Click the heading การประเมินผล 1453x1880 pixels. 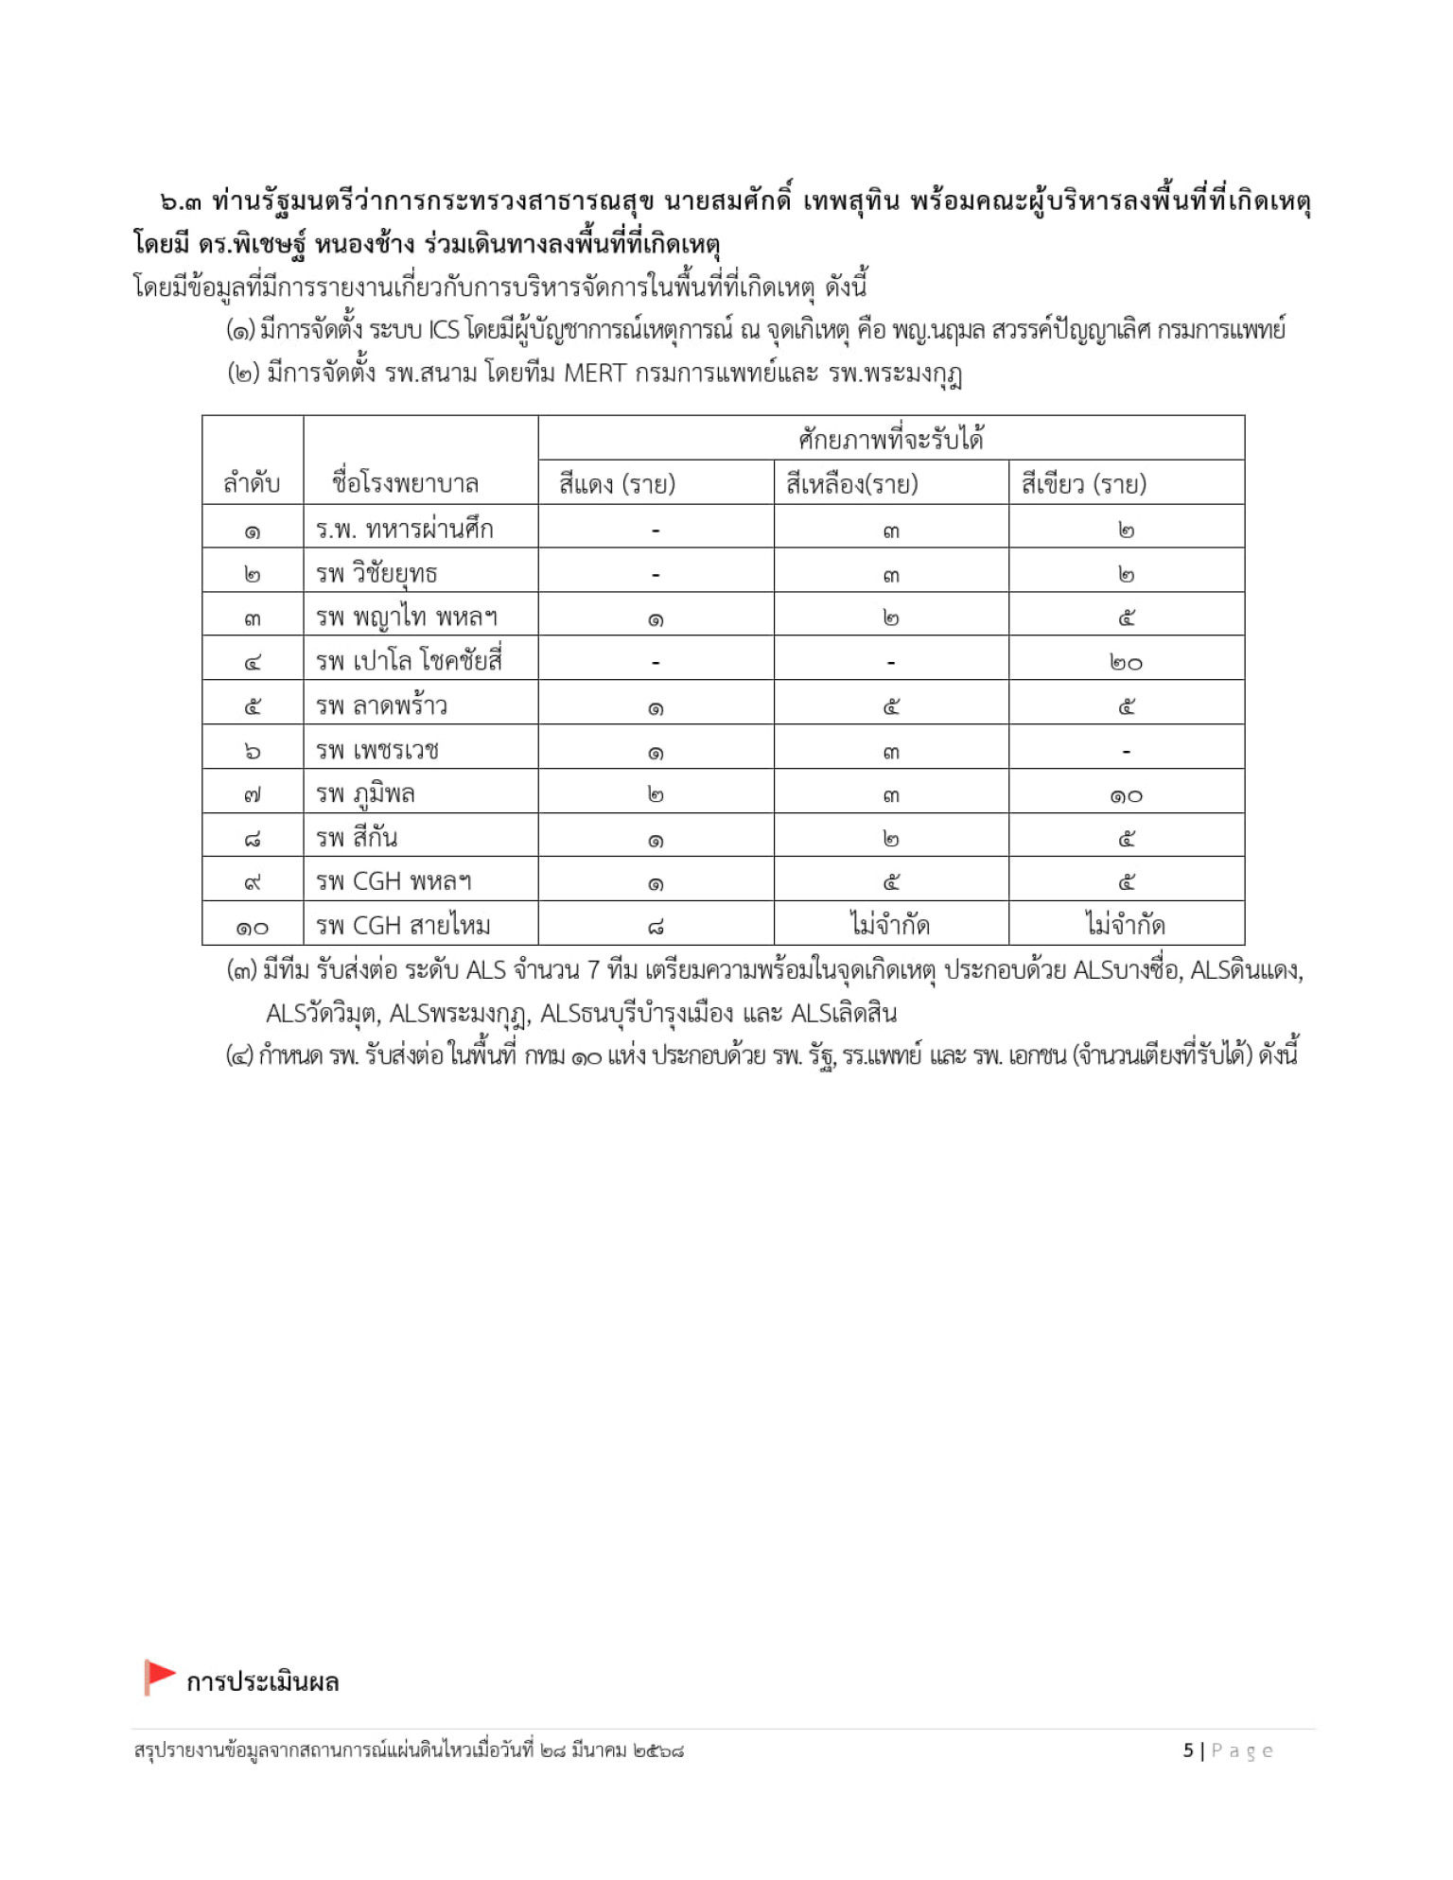pyautogui.click(x=262, y=1682)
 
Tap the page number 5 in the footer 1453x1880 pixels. pyautogui.click(x=1188, y=1750)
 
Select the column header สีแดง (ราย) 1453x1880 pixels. pyautogui.click(x=617, y=484)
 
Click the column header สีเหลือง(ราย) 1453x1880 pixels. pyautogui.click(x=851, y=484)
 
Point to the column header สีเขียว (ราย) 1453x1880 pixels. pyautogui.click(x=1083, y=484)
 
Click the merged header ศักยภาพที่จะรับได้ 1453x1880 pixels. pyautogui.click(x=891, y=439)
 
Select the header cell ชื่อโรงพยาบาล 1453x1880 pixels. pyautogui.click(x=405, y=483)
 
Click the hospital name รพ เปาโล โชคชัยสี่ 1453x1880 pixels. pyautogui.click(x=409, y=659)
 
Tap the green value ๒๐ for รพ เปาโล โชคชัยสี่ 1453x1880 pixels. pyautogui.click(x=1126, y=663)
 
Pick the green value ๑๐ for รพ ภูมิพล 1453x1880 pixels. pyautogui.click(x=1126, y=796)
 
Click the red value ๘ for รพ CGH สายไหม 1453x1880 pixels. pyautogui.click(x=656, y=928)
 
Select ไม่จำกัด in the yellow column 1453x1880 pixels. pyautogui.click(x=890, y=924)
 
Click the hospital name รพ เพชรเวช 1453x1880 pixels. pyautogui.click(x=377, y=750)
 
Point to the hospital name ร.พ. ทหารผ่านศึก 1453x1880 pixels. pyautogui.click(x=404, y=529)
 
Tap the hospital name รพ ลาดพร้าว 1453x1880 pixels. pyautogui.click(x=381, y=705)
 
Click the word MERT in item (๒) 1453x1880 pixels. pyautogui.click(x=595, y=374)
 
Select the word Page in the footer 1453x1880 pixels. pyautogui.click(x=1242, y=1750)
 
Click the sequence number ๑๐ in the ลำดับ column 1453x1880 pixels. pyautogui.click(x=252, y=928)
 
